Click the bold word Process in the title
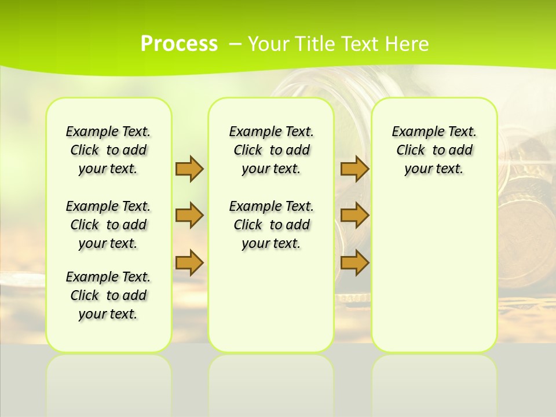tap(179, 44)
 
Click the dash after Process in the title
tap(236, 44)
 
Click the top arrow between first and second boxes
tap(189, 169)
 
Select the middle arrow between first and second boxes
tap(189, 215)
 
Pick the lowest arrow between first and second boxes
tap(189, 263)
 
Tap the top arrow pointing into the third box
tap(354, 169)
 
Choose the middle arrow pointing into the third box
tap(354, 215)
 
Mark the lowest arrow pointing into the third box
tap(354, 263)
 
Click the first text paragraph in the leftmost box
tap(108, 150)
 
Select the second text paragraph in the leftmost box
tap(108, 225)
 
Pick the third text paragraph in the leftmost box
tap(108, 295)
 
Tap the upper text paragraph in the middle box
tap(271, 150)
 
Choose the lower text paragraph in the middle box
tap(271, 225)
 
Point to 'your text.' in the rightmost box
tap(434, 169)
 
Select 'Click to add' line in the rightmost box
tap(434, 151)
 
